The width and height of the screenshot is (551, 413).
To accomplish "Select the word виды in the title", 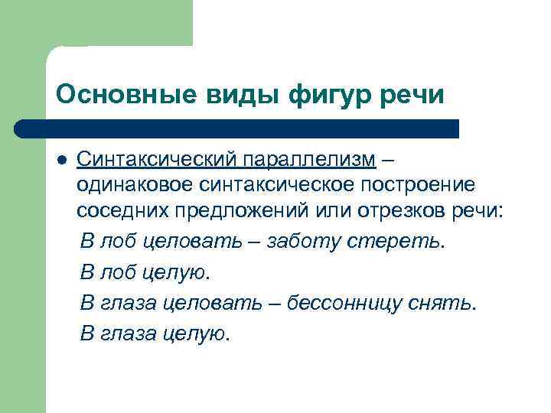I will [233, 95].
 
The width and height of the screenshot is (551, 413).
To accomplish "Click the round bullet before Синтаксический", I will [62, 160].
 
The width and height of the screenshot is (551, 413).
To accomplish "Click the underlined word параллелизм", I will [310, 158].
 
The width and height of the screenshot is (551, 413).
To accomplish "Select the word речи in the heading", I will [418, 95].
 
